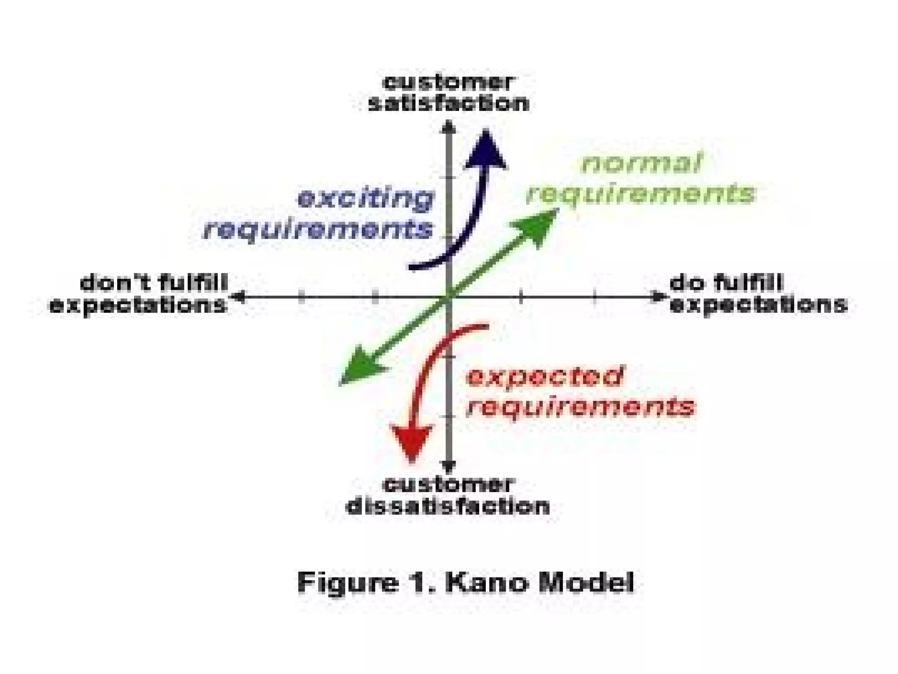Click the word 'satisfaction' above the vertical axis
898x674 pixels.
448,104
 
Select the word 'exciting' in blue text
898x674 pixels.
365,199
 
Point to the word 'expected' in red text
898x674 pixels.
544,376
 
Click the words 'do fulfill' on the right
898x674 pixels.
726,283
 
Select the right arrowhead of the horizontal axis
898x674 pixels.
658,297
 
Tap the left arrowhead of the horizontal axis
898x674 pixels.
239,297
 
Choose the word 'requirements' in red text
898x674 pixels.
581,406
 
